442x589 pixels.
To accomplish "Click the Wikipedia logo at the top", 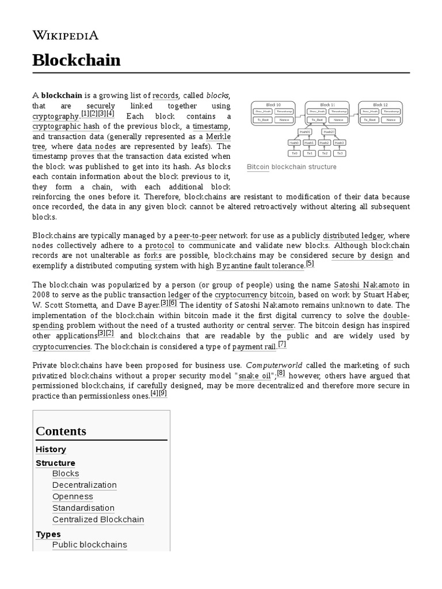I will (65, 35).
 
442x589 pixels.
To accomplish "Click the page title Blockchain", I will (77, 60).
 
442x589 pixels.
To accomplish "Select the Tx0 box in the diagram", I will (294, 153).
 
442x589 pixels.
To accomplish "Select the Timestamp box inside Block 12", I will (391, 111).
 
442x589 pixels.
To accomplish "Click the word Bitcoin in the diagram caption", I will (258, 167).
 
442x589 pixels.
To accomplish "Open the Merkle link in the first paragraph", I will (218, 136).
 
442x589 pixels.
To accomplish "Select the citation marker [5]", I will (310, 264).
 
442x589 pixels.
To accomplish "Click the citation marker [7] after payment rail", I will (281, 345).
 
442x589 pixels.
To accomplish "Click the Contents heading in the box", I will (61, 431).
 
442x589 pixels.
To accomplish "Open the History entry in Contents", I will (51, 449).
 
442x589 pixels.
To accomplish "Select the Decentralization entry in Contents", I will (84, 485).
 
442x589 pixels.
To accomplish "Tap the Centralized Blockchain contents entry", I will (98, 519).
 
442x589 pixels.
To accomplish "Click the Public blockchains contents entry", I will (89, 544).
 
